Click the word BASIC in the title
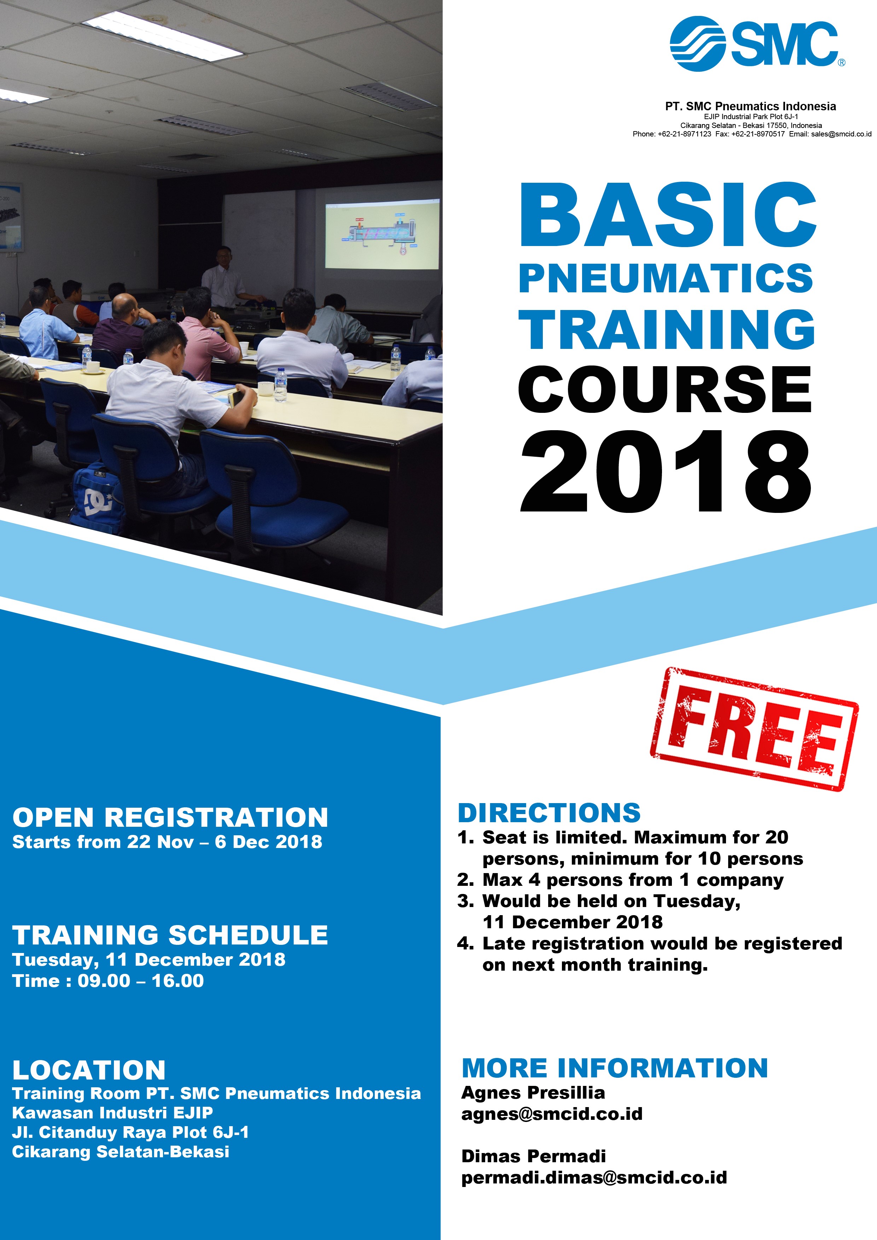point(668,215)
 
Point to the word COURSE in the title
point(664,389)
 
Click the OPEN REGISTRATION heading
point(170,817)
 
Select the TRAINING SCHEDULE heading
point(170,935)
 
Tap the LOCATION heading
point(89,1070)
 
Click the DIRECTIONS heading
point(549,813)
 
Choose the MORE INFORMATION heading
point(615,1068)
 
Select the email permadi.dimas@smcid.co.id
point(594,1177)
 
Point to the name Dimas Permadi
point(533,1156)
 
